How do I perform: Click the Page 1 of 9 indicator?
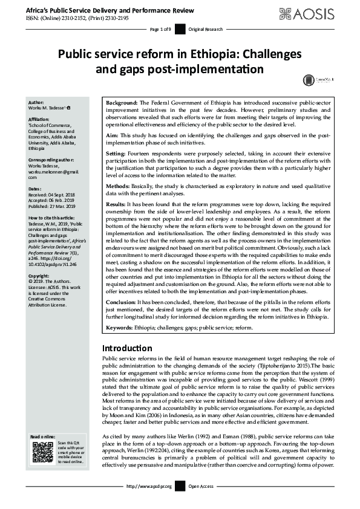pyautogui.click(x=160, y=30)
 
